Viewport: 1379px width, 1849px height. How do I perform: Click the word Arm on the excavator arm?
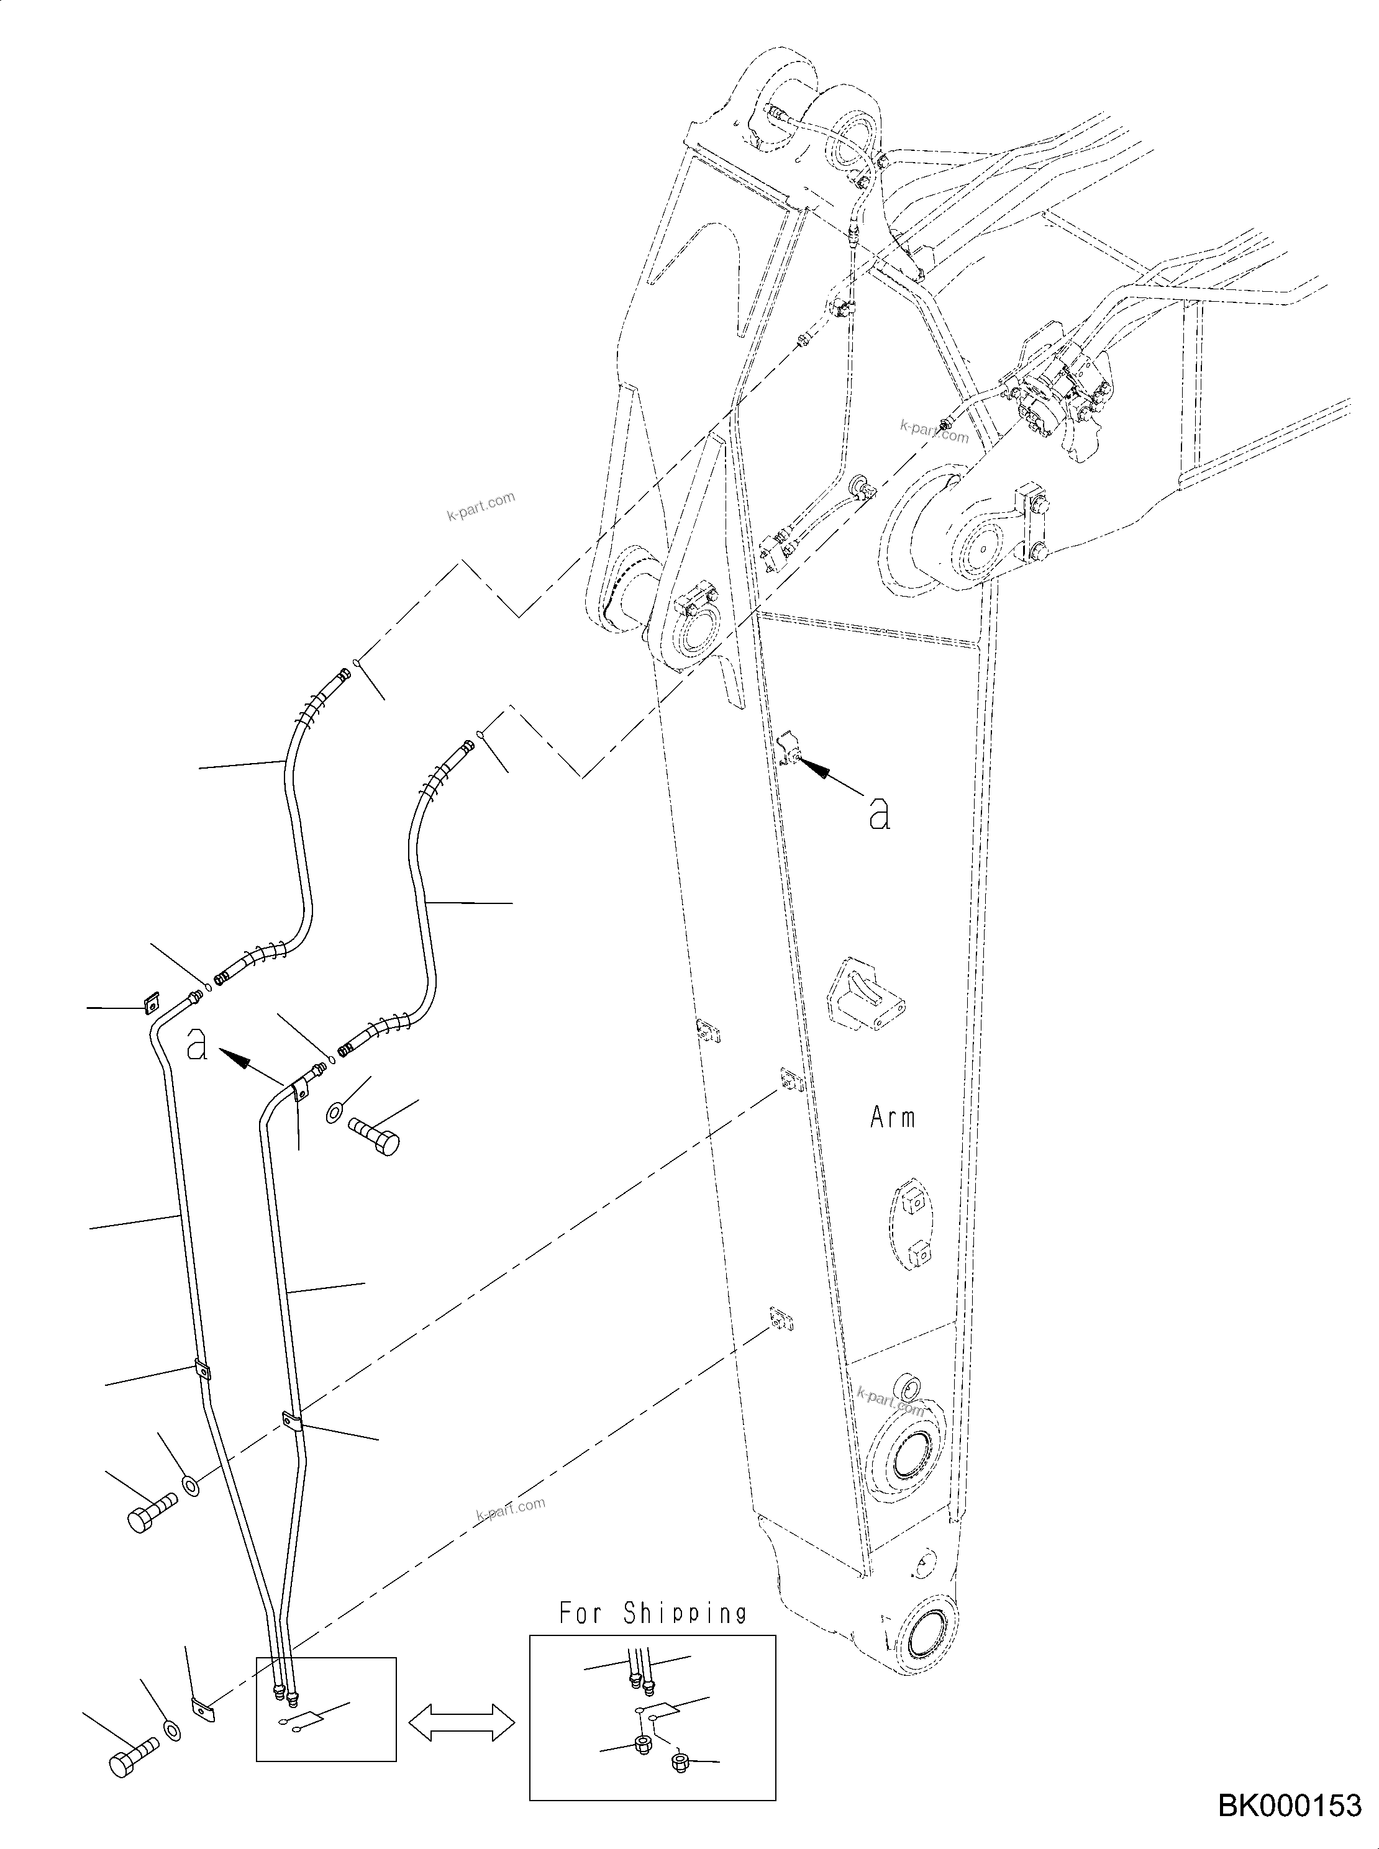(893, 1117)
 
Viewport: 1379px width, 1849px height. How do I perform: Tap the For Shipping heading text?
(653, 1613)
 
